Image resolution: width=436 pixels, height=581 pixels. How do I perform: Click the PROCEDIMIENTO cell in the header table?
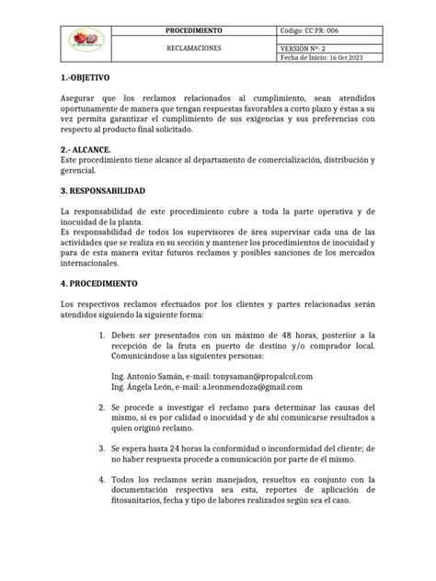200,30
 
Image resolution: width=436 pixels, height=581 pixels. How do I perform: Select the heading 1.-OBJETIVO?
84,78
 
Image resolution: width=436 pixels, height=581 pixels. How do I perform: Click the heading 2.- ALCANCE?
85,149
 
